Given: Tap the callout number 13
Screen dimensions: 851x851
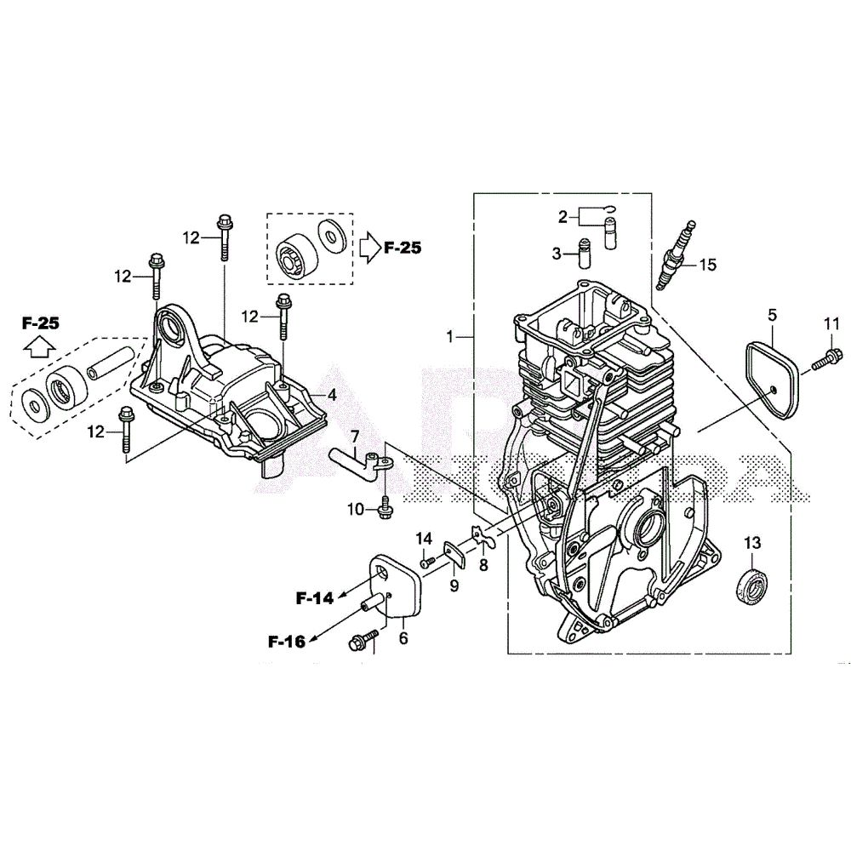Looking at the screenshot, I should (752, 543).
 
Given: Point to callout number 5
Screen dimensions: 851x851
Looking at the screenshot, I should (772, 315).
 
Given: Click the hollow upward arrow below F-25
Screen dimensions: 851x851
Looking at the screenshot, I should (39, 346).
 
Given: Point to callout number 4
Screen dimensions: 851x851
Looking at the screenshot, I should (333, 395).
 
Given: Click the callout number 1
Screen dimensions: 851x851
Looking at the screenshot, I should (452, 338).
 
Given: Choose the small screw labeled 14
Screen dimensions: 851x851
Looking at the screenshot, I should (428, 561).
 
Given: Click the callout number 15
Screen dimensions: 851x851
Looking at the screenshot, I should (707, 265).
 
